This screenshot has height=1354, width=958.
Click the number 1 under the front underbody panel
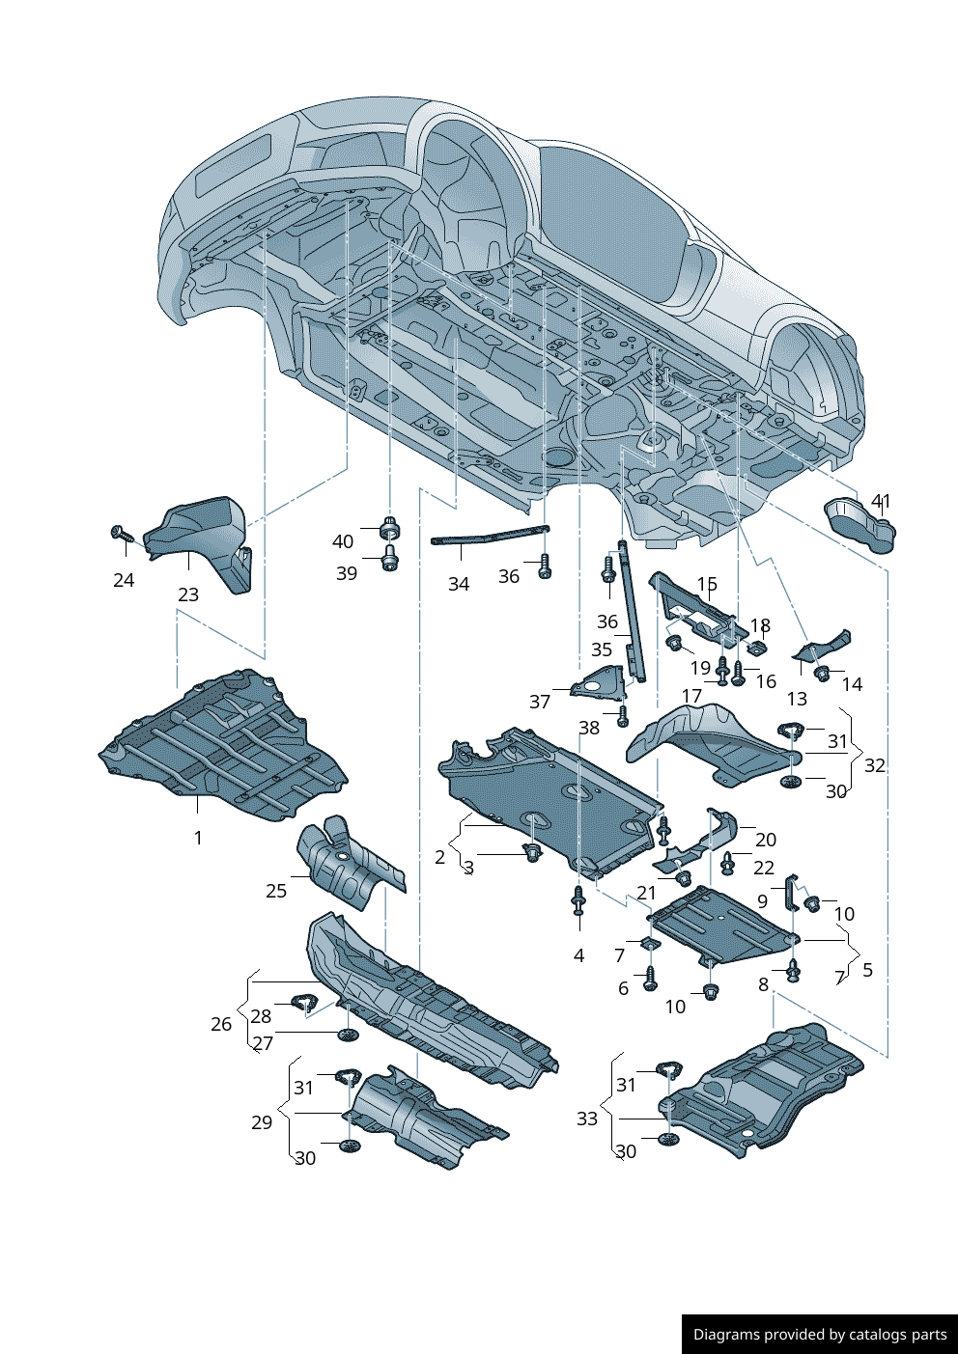click(x=198, y=838)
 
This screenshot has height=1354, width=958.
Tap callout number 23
click(x=188, y=595)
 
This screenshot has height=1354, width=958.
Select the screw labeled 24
click(x=119, y=533)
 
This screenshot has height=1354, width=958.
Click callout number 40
click(x=343, y=541)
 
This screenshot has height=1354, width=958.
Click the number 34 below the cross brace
click(x=459, y=584)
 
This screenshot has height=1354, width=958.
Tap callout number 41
click(x=881, y=501)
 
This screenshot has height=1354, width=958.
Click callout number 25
click(x=276, y=891)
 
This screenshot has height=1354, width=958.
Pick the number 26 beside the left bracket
click(x=221, y=1024)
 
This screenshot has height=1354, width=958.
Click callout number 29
click(x=262, y=1122)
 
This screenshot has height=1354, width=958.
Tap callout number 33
click(x=587, y=1119)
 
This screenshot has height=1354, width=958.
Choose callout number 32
click(x=875, y=765)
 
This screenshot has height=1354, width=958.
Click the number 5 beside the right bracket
click(x=867, y=970)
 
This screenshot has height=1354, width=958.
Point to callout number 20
click(x=766, y=840)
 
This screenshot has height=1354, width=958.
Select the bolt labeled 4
click(x=578, y=903)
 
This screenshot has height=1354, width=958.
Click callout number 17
click(x=691, y=696)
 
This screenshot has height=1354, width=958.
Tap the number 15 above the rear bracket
click(x=707, y=585)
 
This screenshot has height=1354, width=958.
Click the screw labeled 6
click(x=650, y=979)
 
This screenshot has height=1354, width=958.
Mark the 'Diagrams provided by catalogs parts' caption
click(x=820, y=1335)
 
